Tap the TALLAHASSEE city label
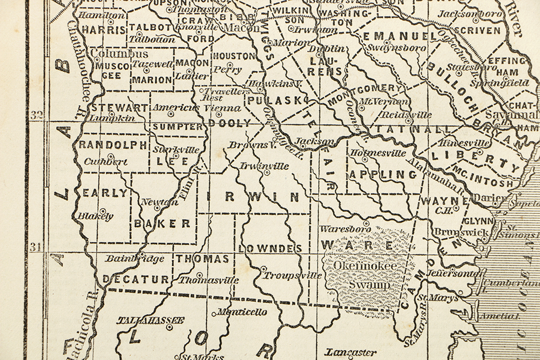pos(151,320)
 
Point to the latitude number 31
pos(37,248)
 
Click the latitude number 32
pos(37,115)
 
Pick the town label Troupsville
pos(293,275)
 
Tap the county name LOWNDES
pos(269,248)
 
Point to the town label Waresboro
pos(345,229)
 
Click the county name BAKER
pos(162,223)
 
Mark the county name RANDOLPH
pos(113,145)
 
